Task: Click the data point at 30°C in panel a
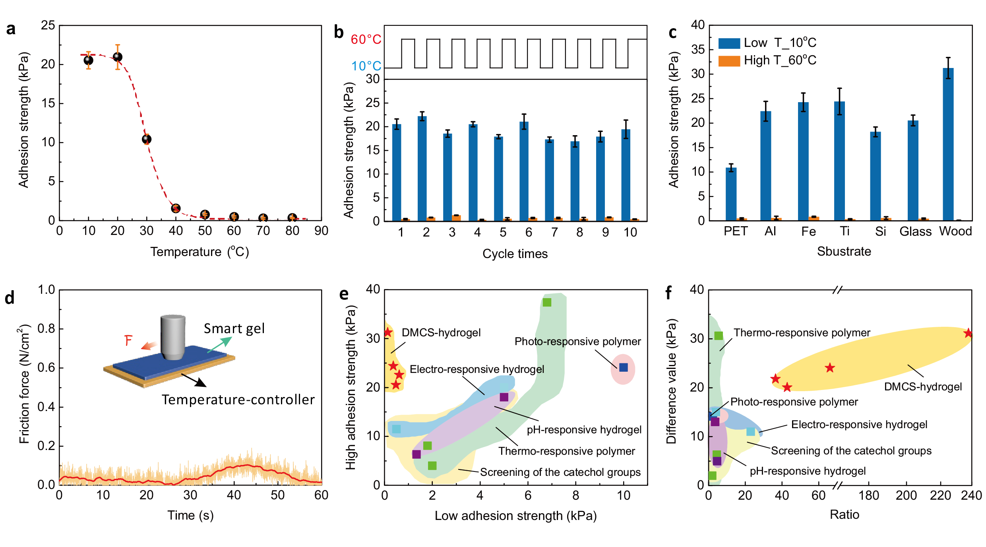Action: click(147, 139)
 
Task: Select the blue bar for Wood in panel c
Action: click(948, 143)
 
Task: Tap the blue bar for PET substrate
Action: click(731, 194)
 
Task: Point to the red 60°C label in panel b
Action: click(366, 39)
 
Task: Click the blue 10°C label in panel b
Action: click(366, 66)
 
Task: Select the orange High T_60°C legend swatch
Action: click(729, 61)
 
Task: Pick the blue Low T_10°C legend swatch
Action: click(729, 43)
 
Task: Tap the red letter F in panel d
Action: click(128, 341)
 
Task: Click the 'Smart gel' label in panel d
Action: click(234, 329)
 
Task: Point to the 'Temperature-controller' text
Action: click(238, 400)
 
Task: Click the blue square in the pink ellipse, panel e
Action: click(623, 367)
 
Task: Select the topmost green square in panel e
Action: click(547, 303)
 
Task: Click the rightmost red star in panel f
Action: click(968, 333)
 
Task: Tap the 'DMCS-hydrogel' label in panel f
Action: click(923, 387)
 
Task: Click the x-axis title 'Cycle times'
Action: click(515, 254)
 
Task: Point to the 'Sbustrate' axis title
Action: click(844, 251)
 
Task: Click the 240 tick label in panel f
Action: click(971, 495)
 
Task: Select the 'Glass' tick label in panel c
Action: click(915, 231)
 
